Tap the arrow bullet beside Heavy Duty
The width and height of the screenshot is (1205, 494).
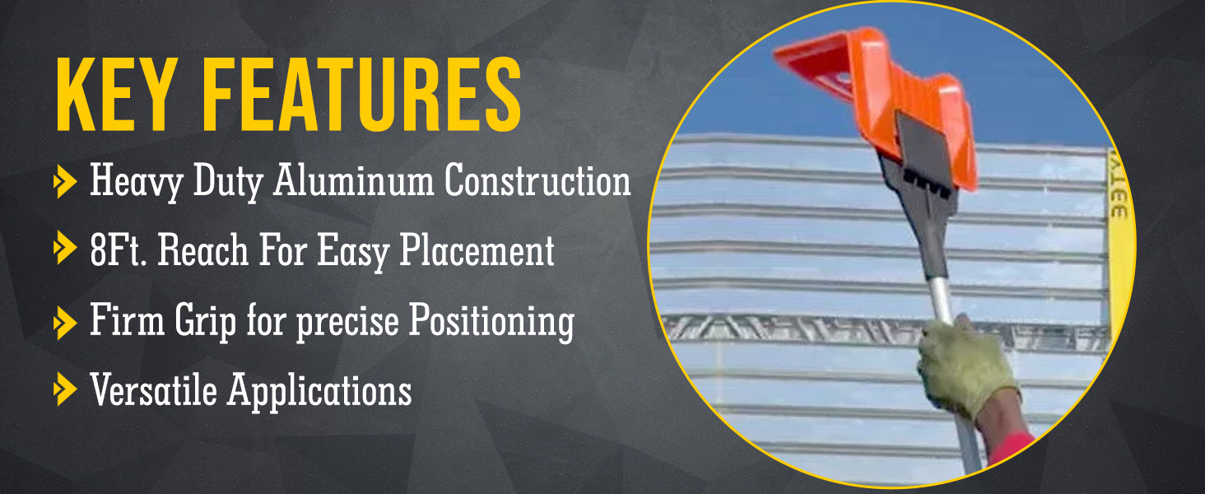(x=65, y=182)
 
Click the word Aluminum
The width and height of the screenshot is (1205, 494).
(x=353, y=180)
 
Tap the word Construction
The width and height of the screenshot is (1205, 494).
(x=537, y=180)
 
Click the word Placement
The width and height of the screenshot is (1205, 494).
(x=477, y=251)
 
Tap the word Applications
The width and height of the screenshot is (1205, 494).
(x=319, y=391)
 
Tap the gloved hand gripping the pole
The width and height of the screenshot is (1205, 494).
(x=965, y=366)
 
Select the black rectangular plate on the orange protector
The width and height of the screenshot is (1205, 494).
(x=925, y=148)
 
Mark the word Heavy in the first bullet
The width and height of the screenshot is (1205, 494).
(x=137, y=181)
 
